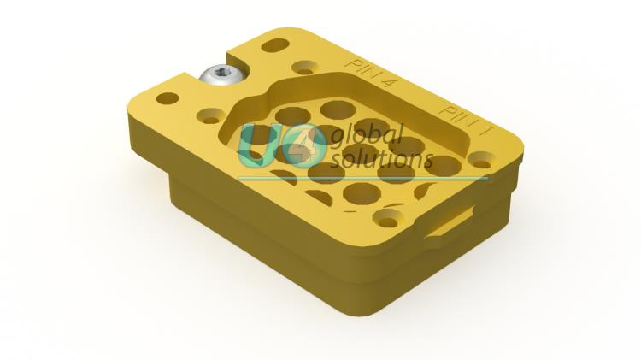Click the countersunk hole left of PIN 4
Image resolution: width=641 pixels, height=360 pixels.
coord(303,67)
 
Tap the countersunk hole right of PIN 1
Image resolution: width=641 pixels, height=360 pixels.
coord(482,158)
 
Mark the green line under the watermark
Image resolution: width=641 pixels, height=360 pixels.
coord(362,179)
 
